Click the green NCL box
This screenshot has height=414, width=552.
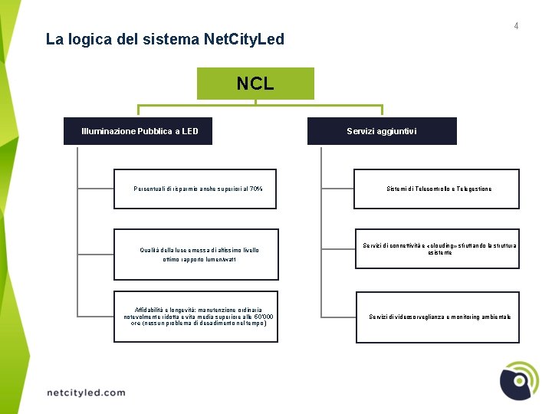click(255, 84)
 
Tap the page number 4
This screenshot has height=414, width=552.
click(516, 26)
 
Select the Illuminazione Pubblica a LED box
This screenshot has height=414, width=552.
click(140, 131)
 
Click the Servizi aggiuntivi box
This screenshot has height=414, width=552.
click(382, 131)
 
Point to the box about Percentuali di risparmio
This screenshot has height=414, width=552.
click(198, 189)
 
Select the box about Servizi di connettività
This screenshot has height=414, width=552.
click(436, 248)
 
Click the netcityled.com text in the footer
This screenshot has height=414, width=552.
click(86, 393)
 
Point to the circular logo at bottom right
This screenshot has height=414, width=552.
click(519, 380)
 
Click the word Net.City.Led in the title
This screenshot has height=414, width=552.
click(245, 38)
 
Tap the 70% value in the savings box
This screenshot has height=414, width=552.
click(256, 189)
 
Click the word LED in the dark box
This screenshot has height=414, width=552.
click(189, 131)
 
